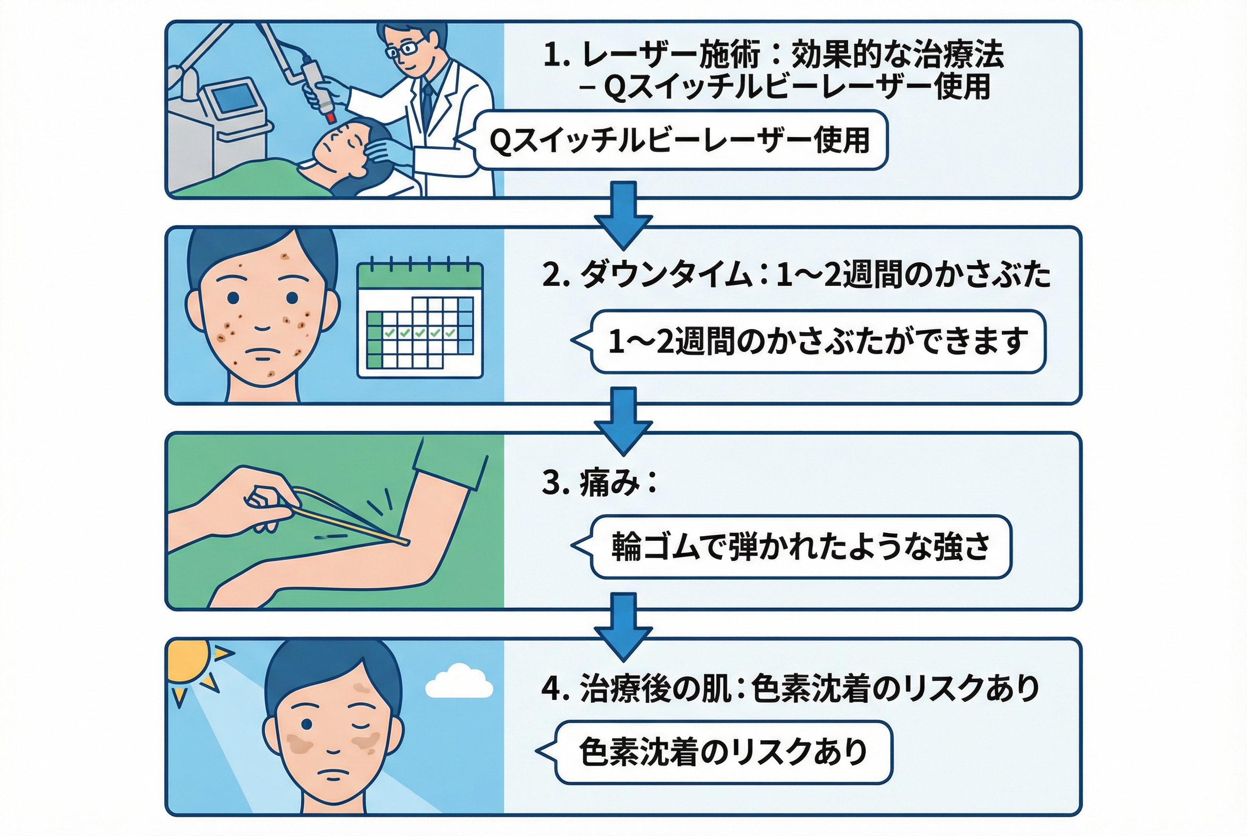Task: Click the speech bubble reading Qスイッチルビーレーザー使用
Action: coord(680,140)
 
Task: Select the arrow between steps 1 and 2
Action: coord(623,213)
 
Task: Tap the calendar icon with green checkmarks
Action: coord(420,320)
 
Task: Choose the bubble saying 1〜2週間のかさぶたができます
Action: coord(816,341)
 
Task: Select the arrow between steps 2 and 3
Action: coord(623,419)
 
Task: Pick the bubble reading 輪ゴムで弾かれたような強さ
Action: coord(801,547)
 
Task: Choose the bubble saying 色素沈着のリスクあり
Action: coord(723,752)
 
